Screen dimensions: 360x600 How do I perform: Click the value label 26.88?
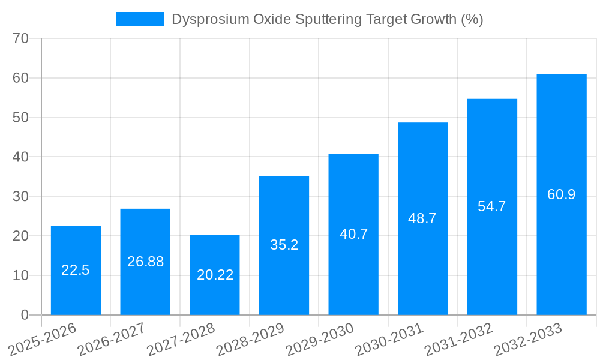click(145, 262)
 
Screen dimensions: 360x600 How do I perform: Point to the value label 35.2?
click(284, 245)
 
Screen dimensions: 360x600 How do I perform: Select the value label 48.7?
click(422, 218)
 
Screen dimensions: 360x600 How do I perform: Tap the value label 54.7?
click(492, 206)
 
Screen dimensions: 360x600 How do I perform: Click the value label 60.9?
click(561, 194)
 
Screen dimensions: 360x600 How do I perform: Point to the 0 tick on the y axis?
click(25, 315)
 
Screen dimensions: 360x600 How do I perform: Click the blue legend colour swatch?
click(140, 19)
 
